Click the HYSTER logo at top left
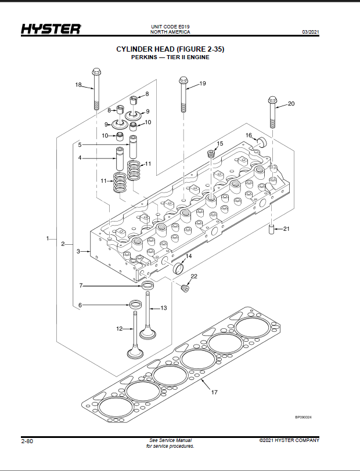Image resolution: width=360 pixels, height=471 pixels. coord(51,29)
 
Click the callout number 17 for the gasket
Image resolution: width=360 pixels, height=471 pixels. coord(214,392)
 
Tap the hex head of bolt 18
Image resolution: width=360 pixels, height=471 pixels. coord(96,72)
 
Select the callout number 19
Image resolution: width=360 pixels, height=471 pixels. coord(203,84)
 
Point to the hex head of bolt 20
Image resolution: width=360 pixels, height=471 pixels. coord(272,99)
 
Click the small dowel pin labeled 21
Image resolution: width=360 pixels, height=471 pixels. coord(272,230)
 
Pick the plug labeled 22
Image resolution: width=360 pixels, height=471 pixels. coord(185,289)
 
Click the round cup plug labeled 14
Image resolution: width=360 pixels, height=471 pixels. coord(179,267)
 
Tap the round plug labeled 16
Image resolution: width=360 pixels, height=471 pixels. coord(262,142)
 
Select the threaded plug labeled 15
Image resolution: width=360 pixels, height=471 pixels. coord(212,154)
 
